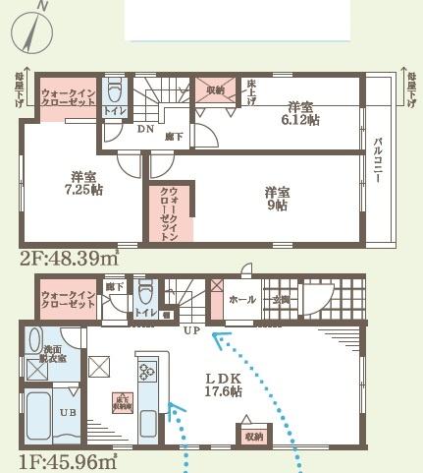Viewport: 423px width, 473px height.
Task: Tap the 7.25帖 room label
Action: point(83,183)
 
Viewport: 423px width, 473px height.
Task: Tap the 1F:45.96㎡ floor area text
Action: point(67,459)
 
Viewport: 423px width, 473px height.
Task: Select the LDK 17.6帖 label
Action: point(223,384)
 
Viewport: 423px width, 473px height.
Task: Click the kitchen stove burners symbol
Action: point(148,372)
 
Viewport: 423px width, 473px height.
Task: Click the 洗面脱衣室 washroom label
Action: point(52,356)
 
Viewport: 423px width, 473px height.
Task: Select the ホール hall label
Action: point(242,299)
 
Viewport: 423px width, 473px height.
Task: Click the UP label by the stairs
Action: point(190,330)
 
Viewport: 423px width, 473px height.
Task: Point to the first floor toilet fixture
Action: point(146,292)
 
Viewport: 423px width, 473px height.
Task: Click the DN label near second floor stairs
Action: point(144,129)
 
